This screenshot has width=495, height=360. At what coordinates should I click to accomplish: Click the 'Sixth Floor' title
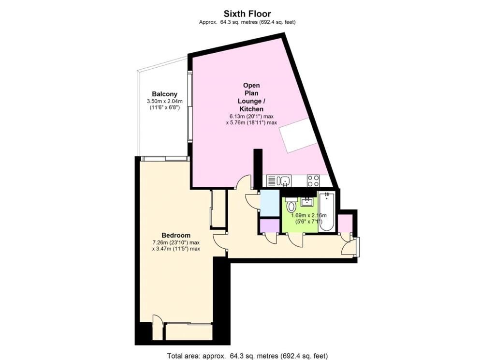point(247,14)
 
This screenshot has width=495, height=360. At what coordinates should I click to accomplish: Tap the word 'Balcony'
point(164,94)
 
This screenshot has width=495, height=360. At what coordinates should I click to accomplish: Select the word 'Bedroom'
point(176,235)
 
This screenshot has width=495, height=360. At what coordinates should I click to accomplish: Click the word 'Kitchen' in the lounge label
point(251,109)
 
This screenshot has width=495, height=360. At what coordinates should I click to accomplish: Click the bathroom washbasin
point(306,201)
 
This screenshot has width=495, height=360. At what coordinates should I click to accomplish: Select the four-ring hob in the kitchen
point(313,181)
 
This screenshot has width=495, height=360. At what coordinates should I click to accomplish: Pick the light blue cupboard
point(270,203)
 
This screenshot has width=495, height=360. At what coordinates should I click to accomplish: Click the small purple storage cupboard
point(270,225)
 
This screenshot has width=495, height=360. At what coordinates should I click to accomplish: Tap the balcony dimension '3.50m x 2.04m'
point(164,102)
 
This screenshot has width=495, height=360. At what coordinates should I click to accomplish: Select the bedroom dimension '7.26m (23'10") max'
point(176,243)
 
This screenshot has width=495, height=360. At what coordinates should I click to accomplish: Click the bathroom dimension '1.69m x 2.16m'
point(309,215)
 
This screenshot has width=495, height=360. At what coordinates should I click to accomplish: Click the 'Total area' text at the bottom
point(247,356)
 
